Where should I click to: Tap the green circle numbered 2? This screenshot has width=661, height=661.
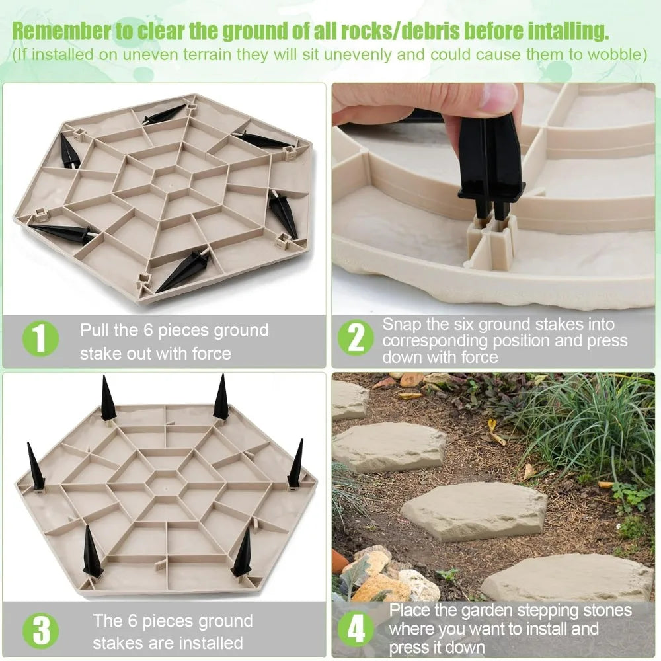(x=356, y=338)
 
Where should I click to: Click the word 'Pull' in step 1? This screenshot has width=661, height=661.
(x=94, y=330)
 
